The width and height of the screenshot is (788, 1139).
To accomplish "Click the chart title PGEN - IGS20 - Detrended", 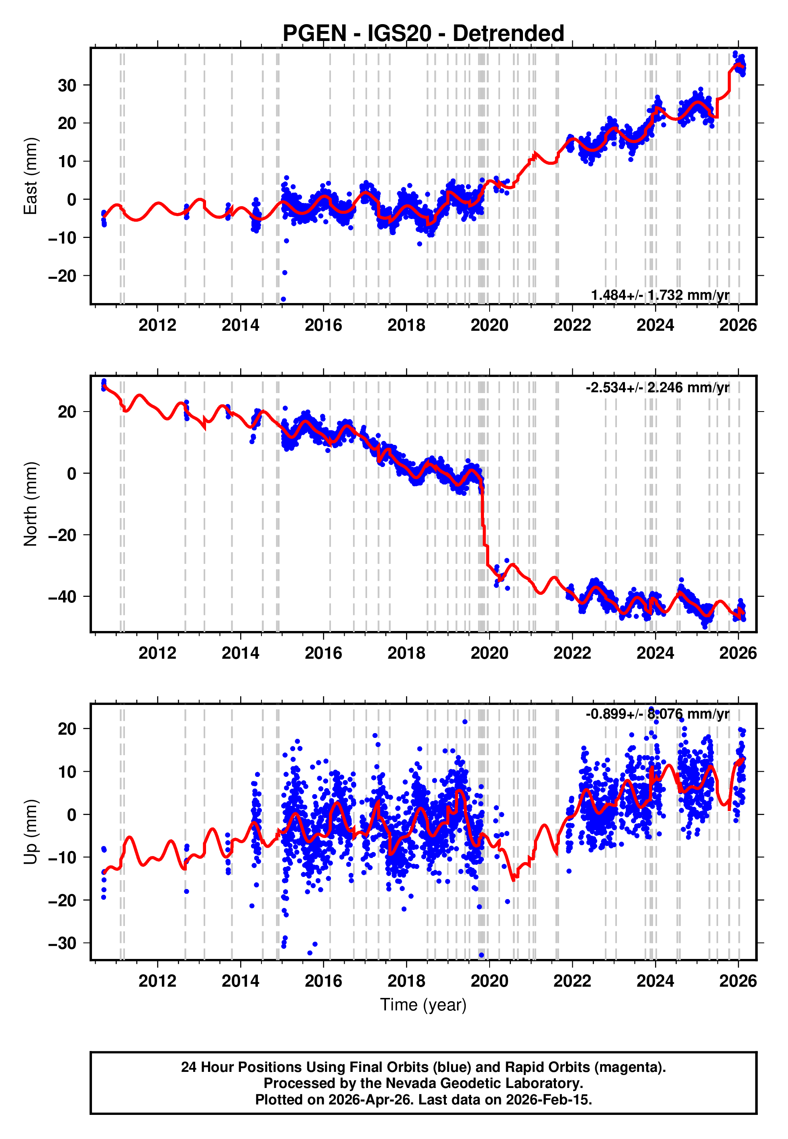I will click(x=423, y=34).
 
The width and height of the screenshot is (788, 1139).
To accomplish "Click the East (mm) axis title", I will click(x=31, y=176).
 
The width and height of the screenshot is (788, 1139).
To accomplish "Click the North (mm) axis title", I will click(x=31, y=504).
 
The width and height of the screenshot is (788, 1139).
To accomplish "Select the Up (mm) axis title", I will click(x=31, y=832).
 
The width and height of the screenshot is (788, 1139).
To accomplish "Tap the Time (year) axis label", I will click(x=423, y=1005).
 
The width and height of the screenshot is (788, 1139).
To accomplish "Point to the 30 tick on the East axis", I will click(x=67, y=86).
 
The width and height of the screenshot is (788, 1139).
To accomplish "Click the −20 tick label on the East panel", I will click(x=62, y=276).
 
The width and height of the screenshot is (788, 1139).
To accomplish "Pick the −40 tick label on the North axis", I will click(x=62, y=597).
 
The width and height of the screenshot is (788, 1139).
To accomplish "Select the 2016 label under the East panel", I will click(x=323, y=325).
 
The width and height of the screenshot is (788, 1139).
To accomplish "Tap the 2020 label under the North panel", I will click(x=489, y=653).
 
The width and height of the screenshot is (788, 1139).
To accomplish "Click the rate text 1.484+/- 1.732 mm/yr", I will click(x=660, y=295).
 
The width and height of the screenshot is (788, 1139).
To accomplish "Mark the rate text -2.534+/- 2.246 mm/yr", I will click(x=657, y=387).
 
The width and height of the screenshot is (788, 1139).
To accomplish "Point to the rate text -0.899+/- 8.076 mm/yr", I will click(x=657, y=714).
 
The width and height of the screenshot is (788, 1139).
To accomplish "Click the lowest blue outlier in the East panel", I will click(x=284, y=299).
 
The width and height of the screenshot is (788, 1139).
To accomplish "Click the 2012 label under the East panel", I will click(x=157, y=325).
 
